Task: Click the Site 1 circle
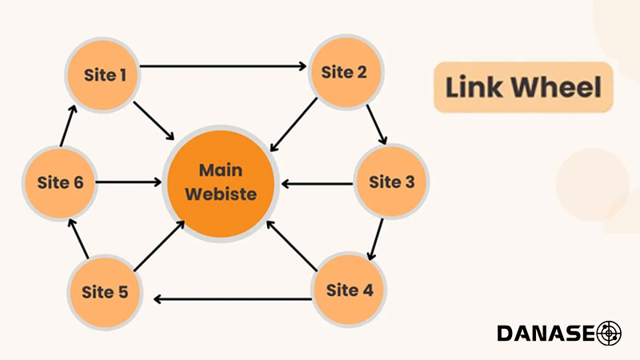105,76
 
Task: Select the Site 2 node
344,72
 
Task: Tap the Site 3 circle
391,182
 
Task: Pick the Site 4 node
349,290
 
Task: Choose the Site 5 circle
104,291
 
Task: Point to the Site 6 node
60,182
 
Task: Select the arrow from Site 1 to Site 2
224,66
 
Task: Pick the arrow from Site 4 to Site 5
232,299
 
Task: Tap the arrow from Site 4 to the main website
292,246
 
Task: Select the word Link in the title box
474,87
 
